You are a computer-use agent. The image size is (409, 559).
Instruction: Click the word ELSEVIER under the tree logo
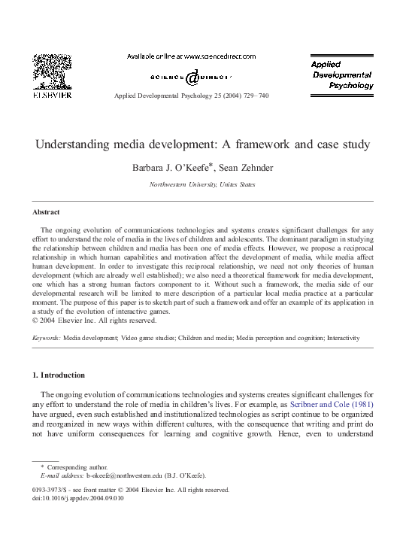(52, 96)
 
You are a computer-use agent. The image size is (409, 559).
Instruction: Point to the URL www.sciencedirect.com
(219, 56)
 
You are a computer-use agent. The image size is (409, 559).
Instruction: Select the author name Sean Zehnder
(245, 168)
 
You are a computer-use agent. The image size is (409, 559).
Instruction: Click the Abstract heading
(47, 212)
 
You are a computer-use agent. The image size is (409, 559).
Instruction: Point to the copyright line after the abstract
(95, 319)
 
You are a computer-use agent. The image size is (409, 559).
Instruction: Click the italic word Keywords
(46, 339)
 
